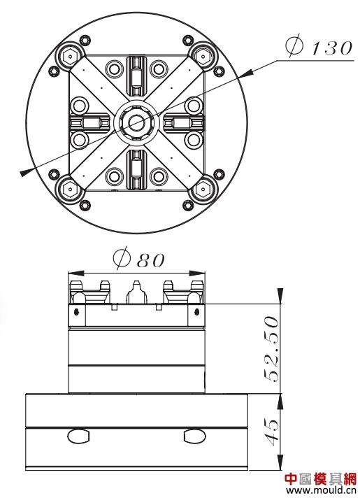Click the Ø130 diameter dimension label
tap(319, 47)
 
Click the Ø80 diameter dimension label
tap(139, 259)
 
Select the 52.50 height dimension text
tap(271, 349)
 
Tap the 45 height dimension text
tap(271, 430)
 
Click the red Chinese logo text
tap(321, 479)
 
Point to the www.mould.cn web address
tap(322, 490)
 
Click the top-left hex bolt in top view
tap(70, 57)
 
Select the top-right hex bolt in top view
tap(203, 56)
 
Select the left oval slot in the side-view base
tap(78, 436)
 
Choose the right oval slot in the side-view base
tap(194, 436)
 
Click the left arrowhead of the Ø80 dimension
tap(76, 273)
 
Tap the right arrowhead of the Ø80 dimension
tap(197, 273)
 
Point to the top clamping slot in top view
tap(136, 76)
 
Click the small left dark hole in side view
tap(76, 312)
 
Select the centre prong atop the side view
tap(137, 292)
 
